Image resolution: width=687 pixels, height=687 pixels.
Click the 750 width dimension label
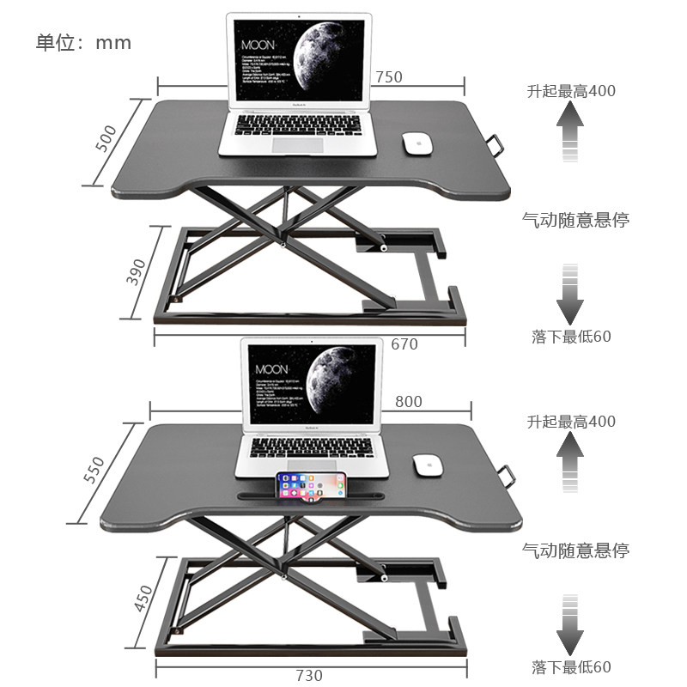pos(389,77)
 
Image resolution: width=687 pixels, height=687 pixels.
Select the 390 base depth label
pos(136,271)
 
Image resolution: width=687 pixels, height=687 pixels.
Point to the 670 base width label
pos(404,344)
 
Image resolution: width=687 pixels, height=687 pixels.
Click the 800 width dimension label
pos(409,401)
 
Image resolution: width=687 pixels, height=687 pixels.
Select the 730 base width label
pos(309,675)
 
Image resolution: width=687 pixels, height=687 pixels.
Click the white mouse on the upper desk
pos(416,143)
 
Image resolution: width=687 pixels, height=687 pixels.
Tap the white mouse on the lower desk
pos(427,465)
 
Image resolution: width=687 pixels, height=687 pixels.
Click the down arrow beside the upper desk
pos(569,295)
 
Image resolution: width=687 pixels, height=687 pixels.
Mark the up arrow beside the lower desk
pos(569,462)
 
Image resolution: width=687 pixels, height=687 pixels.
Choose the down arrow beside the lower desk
pos(569,624)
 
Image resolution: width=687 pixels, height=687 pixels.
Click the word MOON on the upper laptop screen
pos(258,44)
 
